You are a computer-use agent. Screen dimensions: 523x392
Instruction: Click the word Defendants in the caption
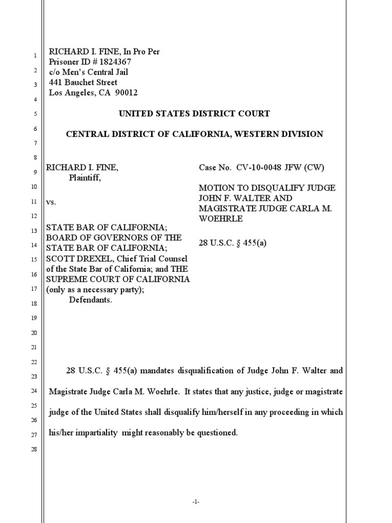click(x=90, y=300)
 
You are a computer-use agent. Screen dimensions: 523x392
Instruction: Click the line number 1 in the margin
click(x=35, y=55)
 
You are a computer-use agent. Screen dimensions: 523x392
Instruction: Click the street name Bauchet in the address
click(x=83, y=82)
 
